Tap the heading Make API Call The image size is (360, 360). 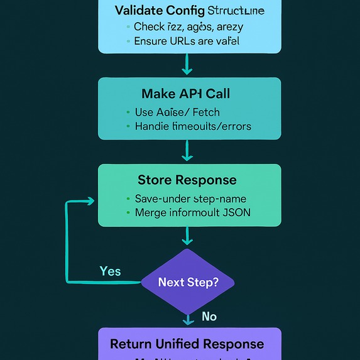pyautogui.click(x=185, y=94)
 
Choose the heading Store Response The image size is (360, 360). pyautogui.click(x=187, y=180)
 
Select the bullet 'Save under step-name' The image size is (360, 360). pyautogui.click(x=190, y=199)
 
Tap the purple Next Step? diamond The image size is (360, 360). pyautogui.click(x=188, y=282)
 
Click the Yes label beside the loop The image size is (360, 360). pyautogui.click(x=110, y=271)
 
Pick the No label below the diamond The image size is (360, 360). pyautogui.click(x=209, y=316)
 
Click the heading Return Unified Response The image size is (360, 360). pyautogui.click(x=187, y=344)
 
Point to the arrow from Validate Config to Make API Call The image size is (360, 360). pyautogui.click(x=187, y=64)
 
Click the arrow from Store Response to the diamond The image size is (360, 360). pyautogui.click(x=187, y=237)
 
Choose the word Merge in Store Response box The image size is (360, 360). pyautogui.click(x=150, y=212)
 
